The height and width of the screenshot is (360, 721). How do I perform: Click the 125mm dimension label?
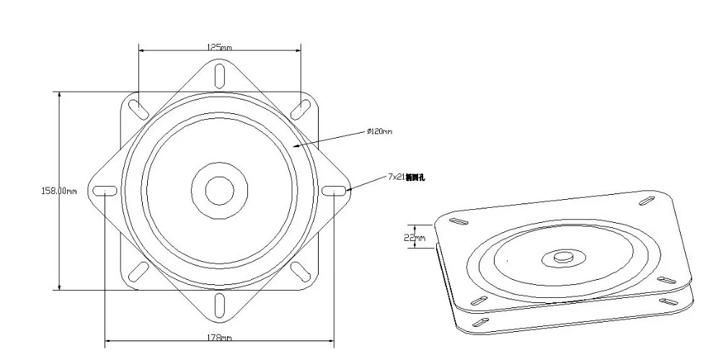click(219, 47)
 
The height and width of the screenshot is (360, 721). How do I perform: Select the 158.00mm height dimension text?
click(58, 190)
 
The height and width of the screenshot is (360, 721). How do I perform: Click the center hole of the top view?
click(219, 190)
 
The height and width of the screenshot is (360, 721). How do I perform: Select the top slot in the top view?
click(219, 75)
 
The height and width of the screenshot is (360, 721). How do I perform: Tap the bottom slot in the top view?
click(219, 306)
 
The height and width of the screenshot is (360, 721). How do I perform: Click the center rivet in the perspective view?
click(563, 256)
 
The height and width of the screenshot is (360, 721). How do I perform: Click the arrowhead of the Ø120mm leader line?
click(295, 146)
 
